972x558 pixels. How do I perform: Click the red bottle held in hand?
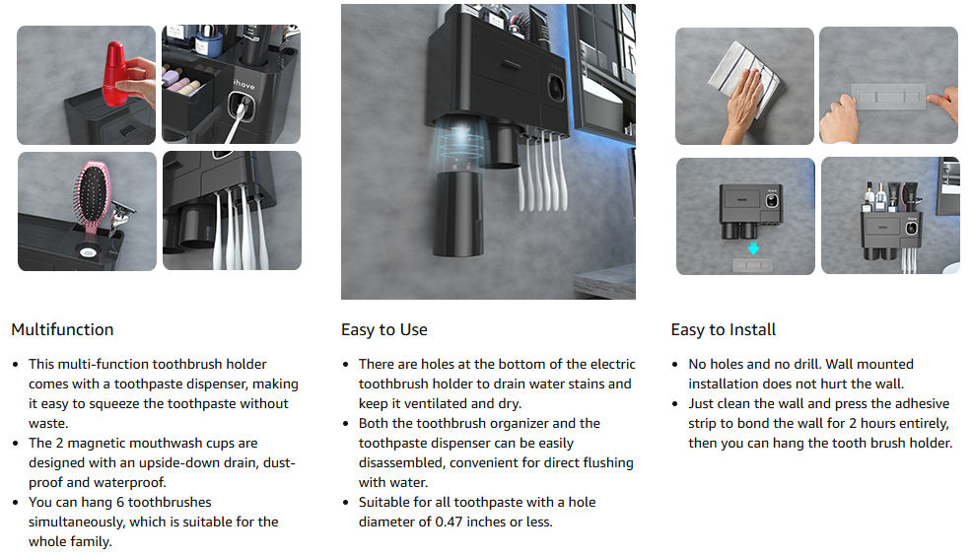115,73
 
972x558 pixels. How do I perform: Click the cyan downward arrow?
753,248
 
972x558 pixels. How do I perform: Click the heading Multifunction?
63,329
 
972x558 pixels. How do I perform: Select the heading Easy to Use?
384,330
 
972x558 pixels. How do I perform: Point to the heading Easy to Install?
724,330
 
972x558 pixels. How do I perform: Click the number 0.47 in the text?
450,523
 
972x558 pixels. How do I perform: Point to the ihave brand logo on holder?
244,84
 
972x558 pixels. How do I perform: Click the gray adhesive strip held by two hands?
888,97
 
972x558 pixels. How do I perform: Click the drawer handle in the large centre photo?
512,63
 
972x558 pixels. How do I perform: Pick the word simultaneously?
78,523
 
